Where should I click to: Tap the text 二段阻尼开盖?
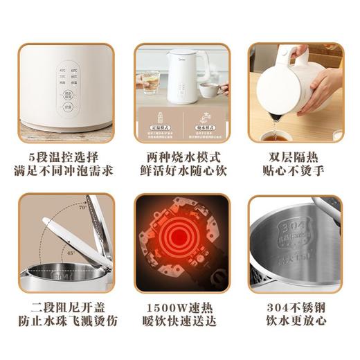(x=66, y=307)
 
